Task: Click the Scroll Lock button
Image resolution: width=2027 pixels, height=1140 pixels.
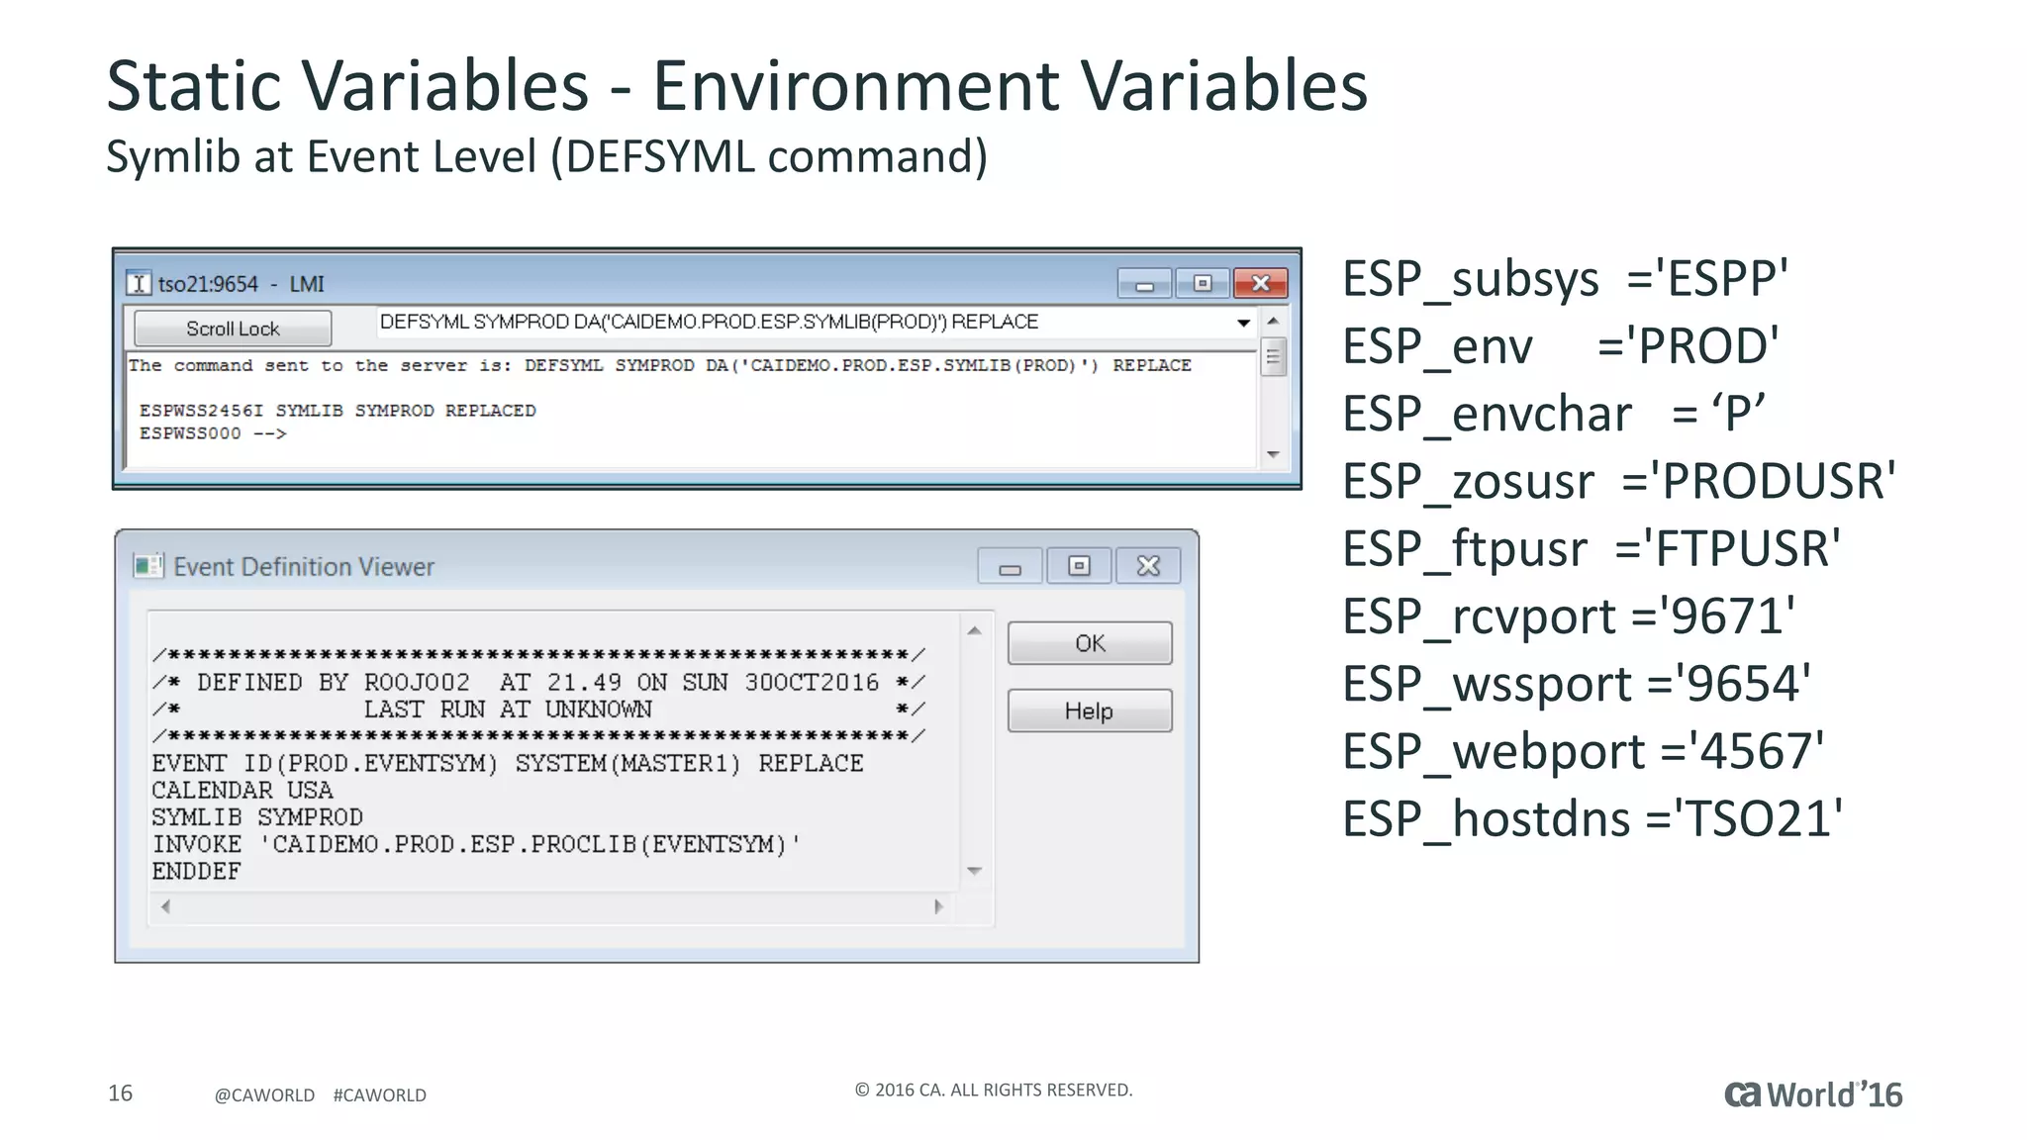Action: [x=233, y=329]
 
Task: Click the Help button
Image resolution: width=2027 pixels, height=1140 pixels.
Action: [x=1089, y=711]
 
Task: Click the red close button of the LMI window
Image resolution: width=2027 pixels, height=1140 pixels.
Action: [x=1260, y=284]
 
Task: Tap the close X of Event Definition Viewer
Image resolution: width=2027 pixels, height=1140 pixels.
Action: [x=1148, y=566]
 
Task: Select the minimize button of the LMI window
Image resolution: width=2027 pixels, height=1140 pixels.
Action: [x=1144, y=285]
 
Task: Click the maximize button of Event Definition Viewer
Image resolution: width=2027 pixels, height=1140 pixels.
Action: [x=1079, y=566]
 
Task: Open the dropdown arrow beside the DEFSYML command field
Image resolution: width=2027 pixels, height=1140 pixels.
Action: [x=1243, y=323]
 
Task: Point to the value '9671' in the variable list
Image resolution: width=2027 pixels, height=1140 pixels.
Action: [x=1726, y=617]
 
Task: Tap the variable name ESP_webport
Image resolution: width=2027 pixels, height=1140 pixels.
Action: [x=1494, y=752]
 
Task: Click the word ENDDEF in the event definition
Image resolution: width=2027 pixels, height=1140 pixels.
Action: [x=196, y=872]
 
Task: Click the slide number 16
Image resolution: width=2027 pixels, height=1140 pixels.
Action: [x=120, y=1093]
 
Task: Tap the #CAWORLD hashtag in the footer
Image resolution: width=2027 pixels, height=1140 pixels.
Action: [x=379, y=1095]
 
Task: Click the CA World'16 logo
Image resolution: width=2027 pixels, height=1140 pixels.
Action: [x=1812, y=1094]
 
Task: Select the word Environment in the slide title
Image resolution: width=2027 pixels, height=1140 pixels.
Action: [x=855, y=86]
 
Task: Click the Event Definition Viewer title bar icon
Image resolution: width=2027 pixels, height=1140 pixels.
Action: [x=147, y=566]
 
